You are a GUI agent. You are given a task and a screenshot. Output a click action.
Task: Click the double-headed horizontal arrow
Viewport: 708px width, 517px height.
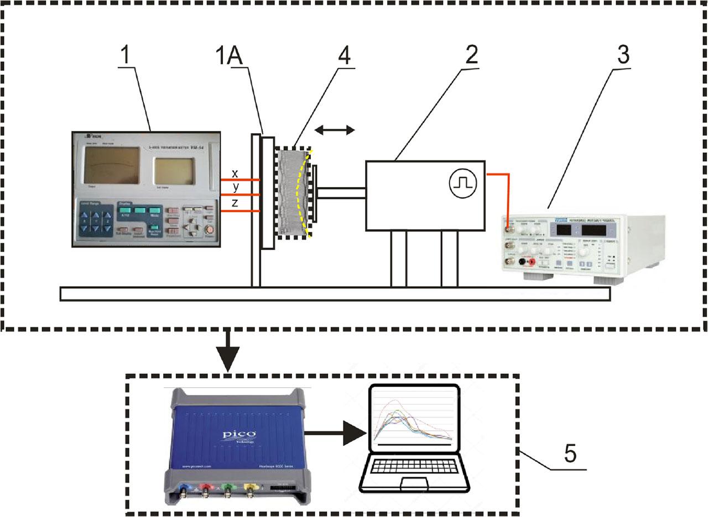pyautogui.click(x=335, y=130)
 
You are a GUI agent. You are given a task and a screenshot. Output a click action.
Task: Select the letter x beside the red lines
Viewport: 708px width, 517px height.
pyautogui.click(x=235, y=173)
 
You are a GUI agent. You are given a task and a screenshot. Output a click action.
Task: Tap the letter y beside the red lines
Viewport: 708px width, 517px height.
pyautogui.click(x=236, y=188)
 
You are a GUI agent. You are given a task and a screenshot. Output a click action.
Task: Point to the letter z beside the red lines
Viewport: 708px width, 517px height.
pyautogui.click(x=236, y=203)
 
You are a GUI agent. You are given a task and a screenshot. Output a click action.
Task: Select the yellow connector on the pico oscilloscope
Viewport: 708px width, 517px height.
pyautogui.click(x=250, y=489)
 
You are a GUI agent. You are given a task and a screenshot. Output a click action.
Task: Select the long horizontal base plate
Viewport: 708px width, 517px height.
pyautogui.click(x=335, y=294)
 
